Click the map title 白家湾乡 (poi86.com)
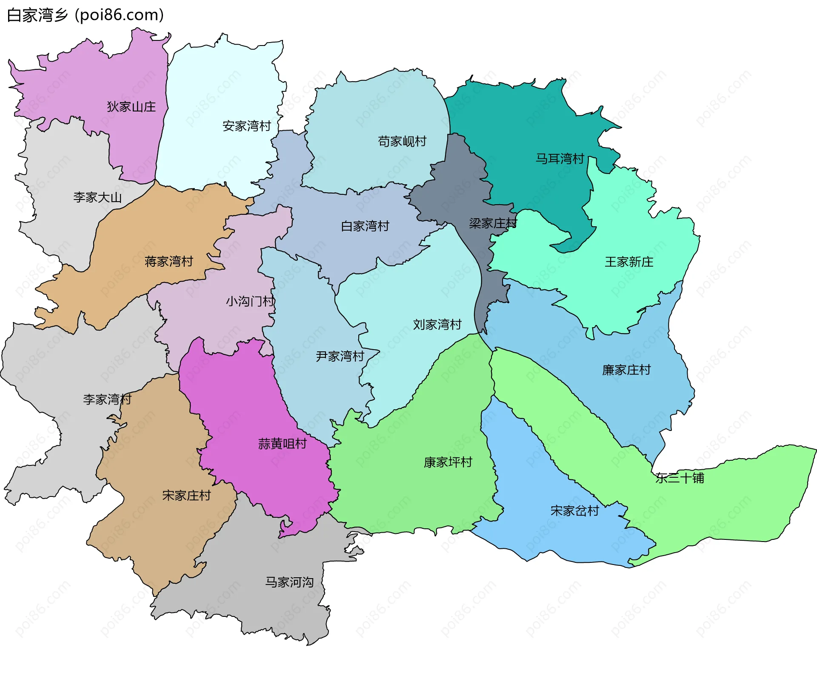click(x=85, y=15)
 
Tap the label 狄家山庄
click(x=131, y=107)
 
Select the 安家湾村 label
click(x=247, y=126)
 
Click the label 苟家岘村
click(x=402, y=141)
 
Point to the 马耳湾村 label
click(x=560, y=159)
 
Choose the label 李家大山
click(x=97, y=197)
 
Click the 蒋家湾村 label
click(x=169, y=261)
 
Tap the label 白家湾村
click(x=365, y=226)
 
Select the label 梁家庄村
click(x=493, y=223)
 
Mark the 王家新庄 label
click(x=629, y=262)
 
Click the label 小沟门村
click(x=250, y=302)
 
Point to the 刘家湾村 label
click(x=437, y=325)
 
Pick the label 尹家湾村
click(x=340, y=356)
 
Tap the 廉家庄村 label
click(x=626, y=370)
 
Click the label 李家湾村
click(x=107, y=399)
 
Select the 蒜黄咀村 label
click(x=283, y=444)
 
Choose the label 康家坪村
click(x=448, y=462)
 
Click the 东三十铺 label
click(x=680, y=478)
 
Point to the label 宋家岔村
click(x=574, y=511)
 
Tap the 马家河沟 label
click(x=289, y=582)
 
